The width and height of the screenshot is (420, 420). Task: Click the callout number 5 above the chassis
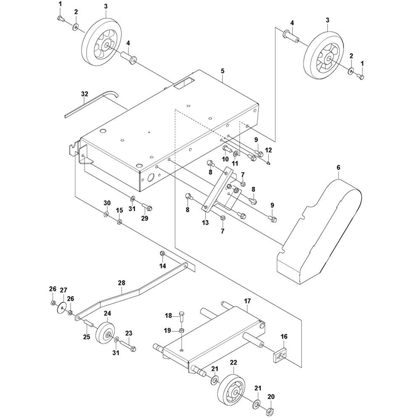[223, 71]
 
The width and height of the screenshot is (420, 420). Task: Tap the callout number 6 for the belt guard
[338, 168]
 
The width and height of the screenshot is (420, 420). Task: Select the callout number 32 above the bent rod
[84, 94]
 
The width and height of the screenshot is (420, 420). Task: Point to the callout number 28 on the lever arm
[122, 283]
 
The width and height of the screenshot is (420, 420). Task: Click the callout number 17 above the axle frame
[247, 301]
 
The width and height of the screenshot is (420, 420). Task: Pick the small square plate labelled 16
[280, 355]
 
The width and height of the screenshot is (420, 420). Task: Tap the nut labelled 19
[182, 331]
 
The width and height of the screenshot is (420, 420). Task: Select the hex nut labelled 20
[270, 410]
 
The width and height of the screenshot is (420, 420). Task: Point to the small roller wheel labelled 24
[105, 333]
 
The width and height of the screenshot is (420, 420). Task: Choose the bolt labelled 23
[129, 345]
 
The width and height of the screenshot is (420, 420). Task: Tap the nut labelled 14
[162, 253]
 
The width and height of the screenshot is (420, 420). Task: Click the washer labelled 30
[106, 214]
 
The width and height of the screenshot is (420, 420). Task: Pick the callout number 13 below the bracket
[205, 223]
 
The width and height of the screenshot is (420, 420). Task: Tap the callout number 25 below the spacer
[87, 337]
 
